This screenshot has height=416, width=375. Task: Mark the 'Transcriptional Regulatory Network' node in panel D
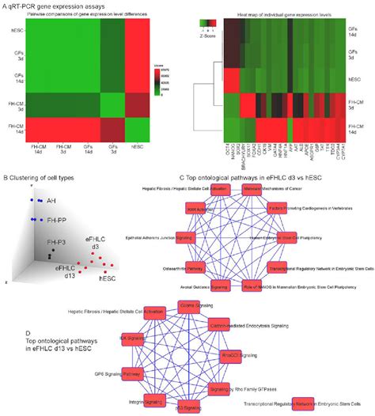point(300,404)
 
